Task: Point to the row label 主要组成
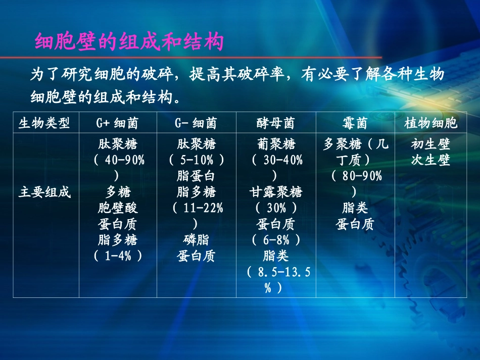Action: tap(45, 192)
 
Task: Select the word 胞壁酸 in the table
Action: tap(117, 208)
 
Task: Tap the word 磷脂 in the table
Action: tap(196, 240)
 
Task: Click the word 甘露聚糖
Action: tap(275, 192)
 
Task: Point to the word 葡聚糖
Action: tap(275, 145)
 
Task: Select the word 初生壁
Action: tap(430, 145)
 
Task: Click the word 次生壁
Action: tap(430, 161)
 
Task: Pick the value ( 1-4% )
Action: tap(117, 256)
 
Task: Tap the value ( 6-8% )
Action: tap(275, 240)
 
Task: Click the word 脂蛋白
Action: tap(196, 177)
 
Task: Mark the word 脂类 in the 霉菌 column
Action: tap(355, 208)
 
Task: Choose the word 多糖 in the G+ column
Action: tap(117, 192)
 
